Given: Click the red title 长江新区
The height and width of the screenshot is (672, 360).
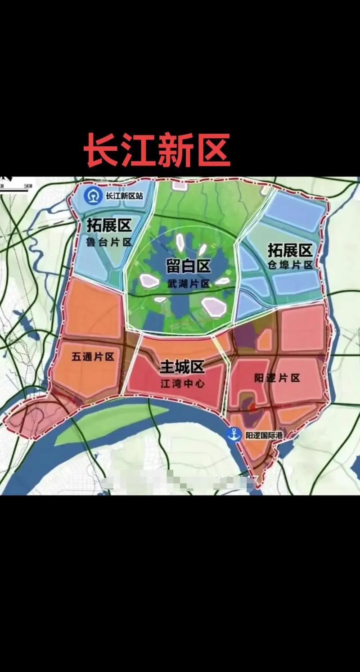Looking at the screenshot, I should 157,149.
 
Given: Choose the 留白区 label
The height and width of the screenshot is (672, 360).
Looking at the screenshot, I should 188,266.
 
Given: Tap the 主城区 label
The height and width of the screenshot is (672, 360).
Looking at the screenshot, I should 182,368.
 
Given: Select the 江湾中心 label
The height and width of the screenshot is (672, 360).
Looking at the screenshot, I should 182,383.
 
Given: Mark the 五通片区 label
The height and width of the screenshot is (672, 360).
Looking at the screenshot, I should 93,357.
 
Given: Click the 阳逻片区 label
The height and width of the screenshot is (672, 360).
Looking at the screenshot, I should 277,378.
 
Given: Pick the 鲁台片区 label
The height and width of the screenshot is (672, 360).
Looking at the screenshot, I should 109,242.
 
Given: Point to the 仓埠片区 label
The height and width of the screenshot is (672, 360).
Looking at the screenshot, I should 290,265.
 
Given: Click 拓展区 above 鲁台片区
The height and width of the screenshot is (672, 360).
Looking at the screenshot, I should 109,226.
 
